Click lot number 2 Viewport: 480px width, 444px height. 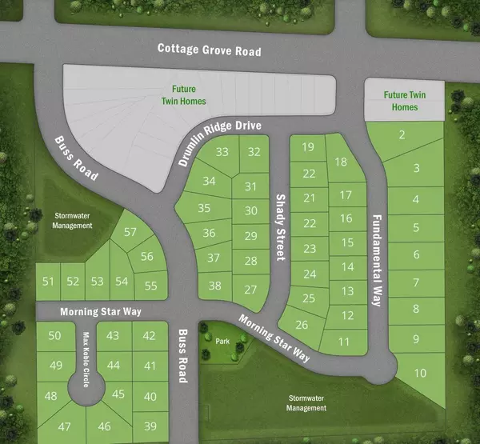pos(402,134)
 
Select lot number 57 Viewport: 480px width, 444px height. pos(131,232)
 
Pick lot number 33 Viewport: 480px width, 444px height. pos(222,152)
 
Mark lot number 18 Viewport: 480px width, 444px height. pos(340,162)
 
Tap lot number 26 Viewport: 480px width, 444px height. pos(302,325)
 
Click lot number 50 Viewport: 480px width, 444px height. pos(54,335)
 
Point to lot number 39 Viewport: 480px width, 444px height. pos(150,426)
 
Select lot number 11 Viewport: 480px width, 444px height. pos(344,342)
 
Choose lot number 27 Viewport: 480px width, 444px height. pos(251,289)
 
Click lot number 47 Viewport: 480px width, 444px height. pos(64,426)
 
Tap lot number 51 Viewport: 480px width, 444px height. pos(49,281)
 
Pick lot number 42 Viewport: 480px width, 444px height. pos(150,335)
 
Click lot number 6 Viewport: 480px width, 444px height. pos(416,255)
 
